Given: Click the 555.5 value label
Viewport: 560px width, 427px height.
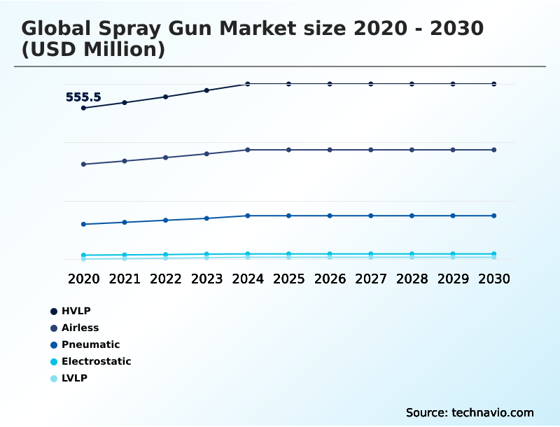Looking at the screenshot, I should (x=83, y=97).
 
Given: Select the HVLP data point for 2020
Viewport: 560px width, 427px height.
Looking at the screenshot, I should (x=83, y=108).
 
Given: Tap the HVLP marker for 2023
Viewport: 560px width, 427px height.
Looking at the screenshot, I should (x=206, y=90).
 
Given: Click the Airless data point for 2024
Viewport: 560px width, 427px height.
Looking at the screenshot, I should (x=248, y=150).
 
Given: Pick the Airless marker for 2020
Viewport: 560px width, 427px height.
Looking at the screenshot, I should (x=83, y=164).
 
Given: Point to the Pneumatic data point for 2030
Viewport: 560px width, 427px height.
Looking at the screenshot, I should (x=494, y=216).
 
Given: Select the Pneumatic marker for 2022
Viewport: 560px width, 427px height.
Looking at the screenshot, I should (x=166, y=220).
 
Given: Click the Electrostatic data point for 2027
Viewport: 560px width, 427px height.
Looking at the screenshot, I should (x=371, y=254).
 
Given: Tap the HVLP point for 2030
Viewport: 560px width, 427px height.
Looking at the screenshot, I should (x=494, y=84).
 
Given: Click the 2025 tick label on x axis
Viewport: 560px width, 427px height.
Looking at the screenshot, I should (x=288, y=279).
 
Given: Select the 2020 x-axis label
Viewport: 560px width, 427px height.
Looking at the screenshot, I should (x=83, y=279).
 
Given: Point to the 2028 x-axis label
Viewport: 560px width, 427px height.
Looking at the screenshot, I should (x=412, y=279).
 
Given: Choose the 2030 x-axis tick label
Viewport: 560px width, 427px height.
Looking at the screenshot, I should (x=494, y=279).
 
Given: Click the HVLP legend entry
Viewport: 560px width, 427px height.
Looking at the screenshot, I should (x=76, y=311).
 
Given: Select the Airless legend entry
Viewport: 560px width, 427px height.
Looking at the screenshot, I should (x=80, y=328).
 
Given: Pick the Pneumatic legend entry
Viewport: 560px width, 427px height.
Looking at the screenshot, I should (x=90, y=344).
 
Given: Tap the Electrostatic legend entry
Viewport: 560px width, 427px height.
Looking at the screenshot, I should (x=96, y=361).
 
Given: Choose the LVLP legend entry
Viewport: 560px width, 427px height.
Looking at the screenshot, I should (x=74, y=378).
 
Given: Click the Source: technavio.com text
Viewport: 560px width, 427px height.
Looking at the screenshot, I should (x=470, y=412).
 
